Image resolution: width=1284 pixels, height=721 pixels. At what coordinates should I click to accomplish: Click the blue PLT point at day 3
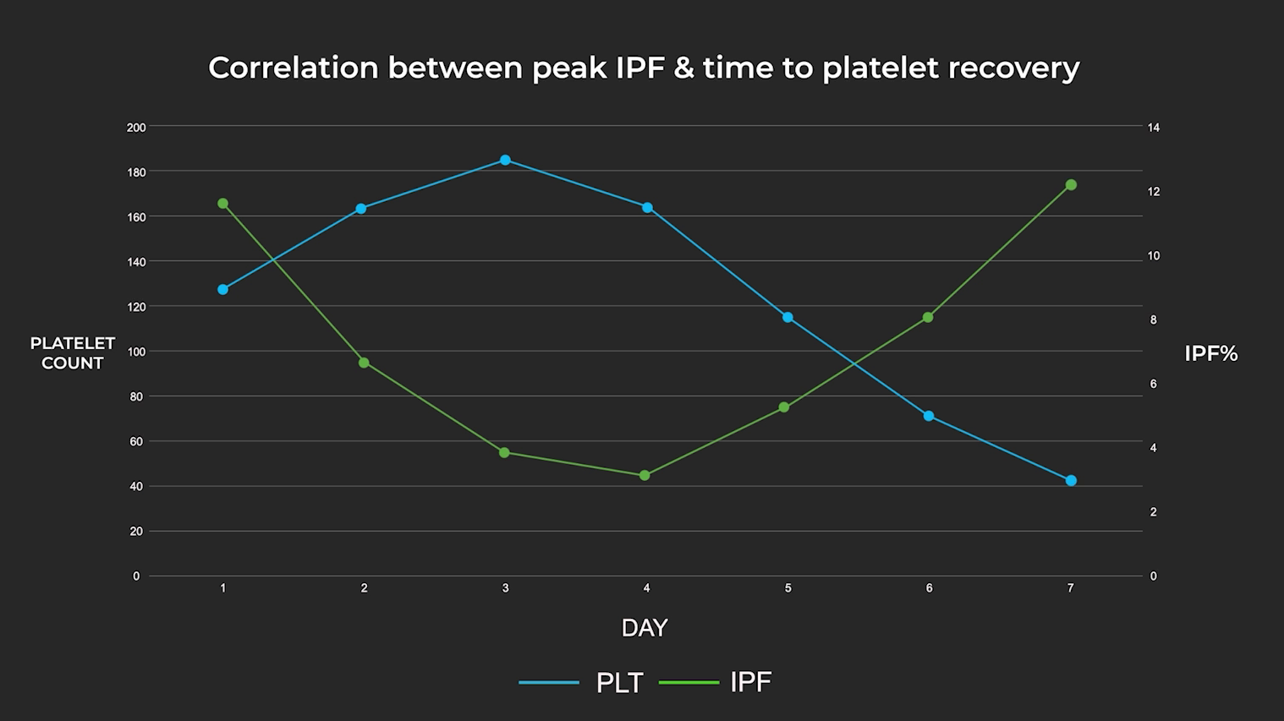click(x=505, y=160)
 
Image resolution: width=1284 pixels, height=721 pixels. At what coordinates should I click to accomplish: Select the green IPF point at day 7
click(x=1071, y=185)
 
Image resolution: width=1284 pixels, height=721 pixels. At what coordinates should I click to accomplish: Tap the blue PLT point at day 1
click(x=222, y=290)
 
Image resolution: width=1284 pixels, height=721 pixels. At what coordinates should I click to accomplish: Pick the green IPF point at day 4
click(x=645, y=476)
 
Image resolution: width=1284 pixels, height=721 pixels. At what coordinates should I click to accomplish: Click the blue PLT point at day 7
click(x=1071, y=481)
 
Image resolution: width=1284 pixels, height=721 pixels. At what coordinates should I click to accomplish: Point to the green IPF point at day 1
click(x=222, y=204)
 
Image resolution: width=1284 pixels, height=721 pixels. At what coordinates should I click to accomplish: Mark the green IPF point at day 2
click(x=364, y=363)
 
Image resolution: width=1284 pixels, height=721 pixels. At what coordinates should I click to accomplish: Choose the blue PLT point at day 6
click(x=929, y=416)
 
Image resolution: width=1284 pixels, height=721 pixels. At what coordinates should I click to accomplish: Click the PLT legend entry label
click(x=619, y=683)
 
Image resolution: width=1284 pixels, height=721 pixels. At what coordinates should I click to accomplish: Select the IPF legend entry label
click(x=750, y=682)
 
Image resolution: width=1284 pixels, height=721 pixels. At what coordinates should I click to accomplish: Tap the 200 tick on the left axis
click(x=136, y=128)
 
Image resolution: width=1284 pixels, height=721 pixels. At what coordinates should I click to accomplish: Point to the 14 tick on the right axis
click(x=1154, y=128)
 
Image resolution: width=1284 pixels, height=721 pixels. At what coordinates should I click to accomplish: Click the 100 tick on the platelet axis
click(x=136, y=352)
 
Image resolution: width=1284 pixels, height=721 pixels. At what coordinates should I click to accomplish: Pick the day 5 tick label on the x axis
click(x=787, y=588)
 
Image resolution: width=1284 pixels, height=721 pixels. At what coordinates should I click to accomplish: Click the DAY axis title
click(x=645, y=628)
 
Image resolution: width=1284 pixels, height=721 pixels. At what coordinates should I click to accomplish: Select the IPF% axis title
click(x=1210, y=354)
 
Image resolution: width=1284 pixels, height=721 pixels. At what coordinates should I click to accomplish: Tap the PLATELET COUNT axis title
click(x=73, y=353)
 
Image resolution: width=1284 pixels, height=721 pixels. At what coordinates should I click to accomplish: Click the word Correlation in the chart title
click(x=293, y=68)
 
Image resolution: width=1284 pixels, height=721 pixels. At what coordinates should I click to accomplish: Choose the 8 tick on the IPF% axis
click(x=1153, y=320)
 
